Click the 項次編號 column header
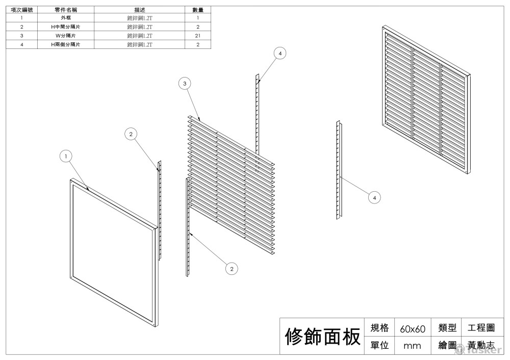tap(22, 10)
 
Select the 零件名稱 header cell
tap(66, 10)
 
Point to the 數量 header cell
tap(198, 10)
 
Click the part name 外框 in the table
tap(66, 18)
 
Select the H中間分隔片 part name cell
tap(66, 27)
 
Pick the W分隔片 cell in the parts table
tap(66, 36)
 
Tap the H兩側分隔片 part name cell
tap(66, 44)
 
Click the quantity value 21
tap(198, 36)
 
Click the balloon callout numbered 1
tap(66, 156)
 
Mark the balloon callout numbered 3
tap(185, 83)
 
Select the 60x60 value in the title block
tap(413, 328)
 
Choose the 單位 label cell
tap(379, 345)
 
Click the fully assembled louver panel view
tap(426, 99)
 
